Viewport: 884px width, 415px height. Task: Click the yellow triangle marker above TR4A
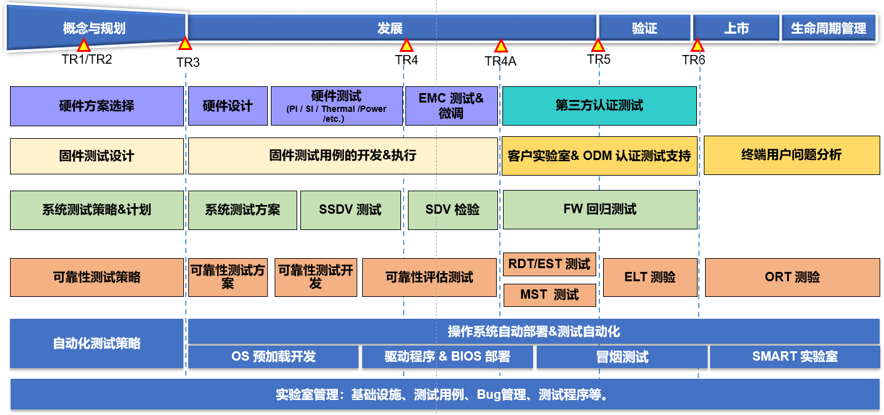pyautogui.click(x=500, y=46)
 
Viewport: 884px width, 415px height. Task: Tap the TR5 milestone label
pyautogui.click(x=599, y=59)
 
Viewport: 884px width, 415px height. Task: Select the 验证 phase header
pyautogui.click(x=644, y=28)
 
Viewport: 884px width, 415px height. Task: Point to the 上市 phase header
pyautogui.click(x=736, y=28)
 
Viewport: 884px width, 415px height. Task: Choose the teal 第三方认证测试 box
pyautogui.click(x=599, y=106)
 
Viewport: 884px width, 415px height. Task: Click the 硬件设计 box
pyautogui.click(x=227, y=106)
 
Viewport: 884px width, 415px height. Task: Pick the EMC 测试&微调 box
pyautogui.click(x=451, y=106)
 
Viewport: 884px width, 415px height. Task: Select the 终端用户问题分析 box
pyautogui.click(x=791, y=155)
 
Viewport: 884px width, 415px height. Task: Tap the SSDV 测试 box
pyautogui.click(x=350, y=210)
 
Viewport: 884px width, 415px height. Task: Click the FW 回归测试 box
pyautogui.click(x=600, y=209)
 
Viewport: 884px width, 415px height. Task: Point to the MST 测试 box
pyautogui.click(x=549, y=295)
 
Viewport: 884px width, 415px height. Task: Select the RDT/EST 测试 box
pyautogui.click(x=549, y=264)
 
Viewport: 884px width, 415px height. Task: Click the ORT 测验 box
pyautogui.click(x=792, y=277)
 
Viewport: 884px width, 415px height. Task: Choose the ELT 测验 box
pyautogui.click(x=649, y=277)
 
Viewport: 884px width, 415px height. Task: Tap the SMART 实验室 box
pyautogui.click(x=795, y=357)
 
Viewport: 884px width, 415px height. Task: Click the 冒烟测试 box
pyautogui.click(x=622, y=357)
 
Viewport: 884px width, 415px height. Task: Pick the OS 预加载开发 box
pyautogui.click(x=273, y=357)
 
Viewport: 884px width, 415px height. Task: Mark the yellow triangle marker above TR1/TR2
pyautogui.click(x=83, y=45)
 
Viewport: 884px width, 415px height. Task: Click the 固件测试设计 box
pyautogui.click(x=96, y=156)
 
